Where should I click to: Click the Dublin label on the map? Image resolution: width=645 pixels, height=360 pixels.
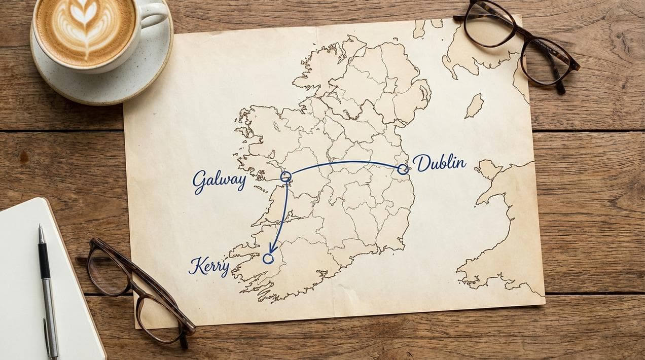click(x=439, y=163)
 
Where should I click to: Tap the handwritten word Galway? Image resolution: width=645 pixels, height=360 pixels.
click(x=219, y=181)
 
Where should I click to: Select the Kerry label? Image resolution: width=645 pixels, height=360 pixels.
click(x=208, y=266)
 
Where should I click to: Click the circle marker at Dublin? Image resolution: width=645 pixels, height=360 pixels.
click(x=403, y=169)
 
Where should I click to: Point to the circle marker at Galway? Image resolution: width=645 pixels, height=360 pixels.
click(x=285, y=176)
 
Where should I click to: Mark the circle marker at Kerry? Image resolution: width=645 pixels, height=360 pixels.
click(x=268, y=259)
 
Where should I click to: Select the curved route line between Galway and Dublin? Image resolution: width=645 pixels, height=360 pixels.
click(x=345, y=163)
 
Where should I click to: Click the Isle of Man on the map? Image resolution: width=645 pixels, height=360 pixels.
click(x=474, y=105)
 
